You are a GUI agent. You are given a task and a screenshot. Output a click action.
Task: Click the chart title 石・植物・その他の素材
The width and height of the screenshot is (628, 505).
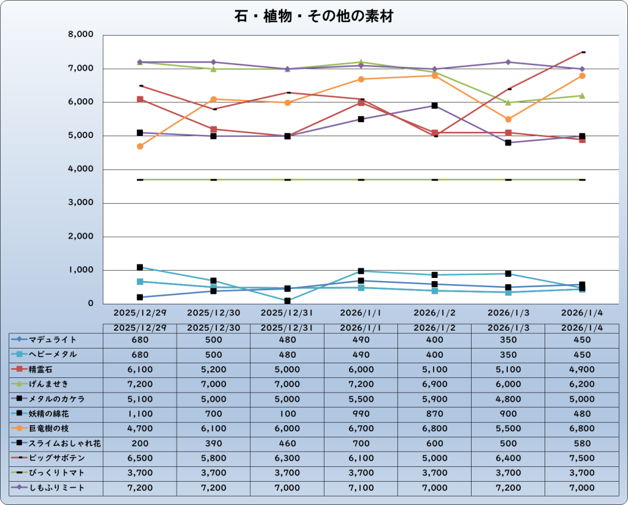313,17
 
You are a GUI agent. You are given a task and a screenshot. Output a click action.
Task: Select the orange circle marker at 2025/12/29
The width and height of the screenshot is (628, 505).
140,146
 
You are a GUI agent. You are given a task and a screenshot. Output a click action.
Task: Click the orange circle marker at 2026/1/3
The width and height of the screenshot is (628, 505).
508,119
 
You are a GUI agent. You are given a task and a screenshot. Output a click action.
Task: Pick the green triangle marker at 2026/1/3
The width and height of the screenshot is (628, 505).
508,102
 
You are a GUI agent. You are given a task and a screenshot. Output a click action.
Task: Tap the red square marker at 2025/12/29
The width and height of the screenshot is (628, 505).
140,99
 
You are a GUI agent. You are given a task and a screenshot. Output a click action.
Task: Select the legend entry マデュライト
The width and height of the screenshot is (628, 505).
53,339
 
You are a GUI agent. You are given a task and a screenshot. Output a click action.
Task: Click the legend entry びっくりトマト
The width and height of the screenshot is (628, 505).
56,473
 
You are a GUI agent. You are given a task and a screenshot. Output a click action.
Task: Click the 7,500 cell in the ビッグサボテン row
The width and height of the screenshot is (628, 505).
581,458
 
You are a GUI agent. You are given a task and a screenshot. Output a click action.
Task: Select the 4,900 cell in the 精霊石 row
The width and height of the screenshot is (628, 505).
581,369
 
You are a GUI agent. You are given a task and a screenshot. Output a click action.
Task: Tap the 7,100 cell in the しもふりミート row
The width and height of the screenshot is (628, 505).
361,488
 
